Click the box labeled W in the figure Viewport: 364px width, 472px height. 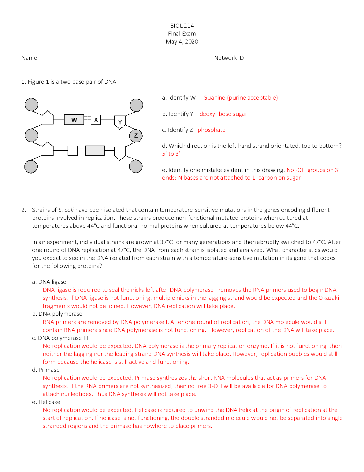pyautogui.click(x=74, y=120)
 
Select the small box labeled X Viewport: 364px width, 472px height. pyautogui.click(x=96, y=120)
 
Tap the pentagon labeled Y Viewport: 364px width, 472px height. pyautogui.click(x=120, y=122)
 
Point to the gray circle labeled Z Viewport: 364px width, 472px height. pyautogui.click(x=136, y=135)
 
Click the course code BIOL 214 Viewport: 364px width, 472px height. pyautogui.click(x=182, y=26)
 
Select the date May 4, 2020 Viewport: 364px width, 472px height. pyautogui.click(x=182, y=42)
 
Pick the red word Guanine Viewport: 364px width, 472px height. pyautogui.click(x=214, y=98)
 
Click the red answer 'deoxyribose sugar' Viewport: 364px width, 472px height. pyautogui.click(x=223, y=114)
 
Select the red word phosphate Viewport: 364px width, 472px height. pyautogui.click(x=211, y=130)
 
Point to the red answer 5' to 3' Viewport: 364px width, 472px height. pyautogui.click(x=171, y=154)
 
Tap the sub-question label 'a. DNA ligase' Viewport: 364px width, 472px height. pyautogui.click(x=49, y=282)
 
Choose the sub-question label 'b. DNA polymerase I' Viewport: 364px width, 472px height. pyautogui.click(x=59, y=314)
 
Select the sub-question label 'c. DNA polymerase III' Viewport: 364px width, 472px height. pyautogui.click(x=60, y=338)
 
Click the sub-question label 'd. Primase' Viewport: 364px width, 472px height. pyautogui.click(x=46, y=370)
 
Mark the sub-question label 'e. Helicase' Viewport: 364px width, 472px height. pyautogui.click(x=46, y=402)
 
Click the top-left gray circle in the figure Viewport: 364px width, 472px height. pyautogui.click(x=31, y=105)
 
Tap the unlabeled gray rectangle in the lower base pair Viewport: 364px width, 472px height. pyautogui.click(x=95, y=151)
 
